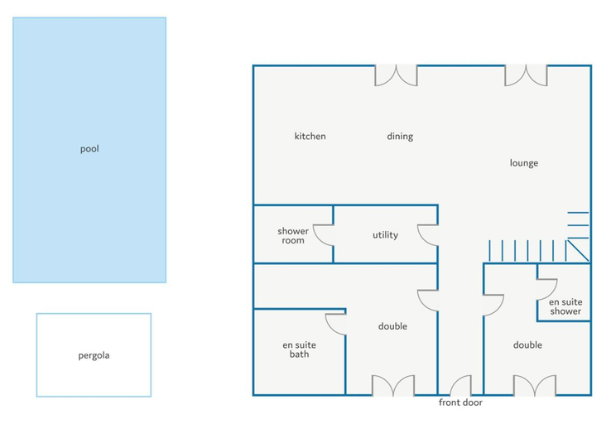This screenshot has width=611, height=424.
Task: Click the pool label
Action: pos(89,149)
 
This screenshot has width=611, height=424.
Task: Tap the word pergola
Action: pos(94,356)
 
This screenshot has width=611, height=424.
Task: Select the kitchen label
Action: pos(310,136)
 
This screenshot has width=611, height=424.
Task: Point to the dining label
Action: pos(400,137)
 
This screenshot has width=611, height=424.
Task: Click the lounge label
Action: pos(524,163)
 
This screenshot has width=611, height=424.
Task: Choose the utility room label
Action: pos(385,235)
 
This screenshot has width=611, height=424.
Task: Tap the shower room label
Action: pos(293,236)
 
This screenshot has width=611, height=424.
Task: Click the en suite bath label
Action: pos(299,349)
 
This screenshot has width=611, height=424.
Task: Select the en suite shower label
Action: pos(565,306)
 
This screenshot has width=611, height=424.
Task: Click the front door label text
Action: pos(460,402)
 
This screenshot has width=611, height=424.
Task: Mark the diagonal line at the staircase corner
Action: pos(578,251)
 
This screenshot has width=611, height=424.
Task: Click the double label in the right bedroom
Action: pos(527,344)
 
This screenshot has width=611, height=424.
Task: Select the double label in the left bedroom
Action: pos(392,326)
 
